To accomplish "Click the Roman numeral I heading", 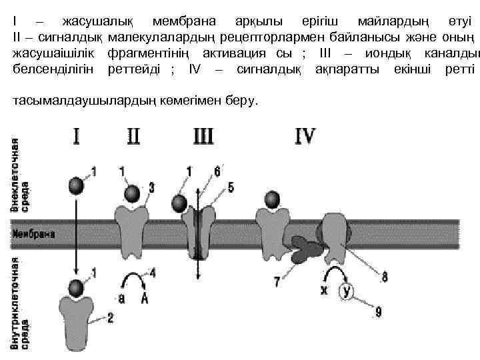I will (77, 136).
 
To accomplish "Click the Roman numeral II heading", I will (133, 136).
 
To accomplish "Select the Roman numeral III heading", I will (203, 136).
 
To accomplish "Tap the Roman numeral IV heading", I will (305, 136).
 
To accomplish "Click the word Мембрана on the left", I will (33, 234).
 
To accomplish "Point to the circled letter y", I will (347, 291).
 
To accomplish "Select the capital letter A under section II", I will (144, 299).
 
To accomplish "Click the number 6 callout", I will (217, 171).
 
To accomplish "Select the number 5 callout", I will (231, 188).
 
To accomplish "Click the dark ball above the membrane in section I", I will (76, 185).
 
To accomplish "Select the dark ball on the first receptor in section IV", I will (271, 199).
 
